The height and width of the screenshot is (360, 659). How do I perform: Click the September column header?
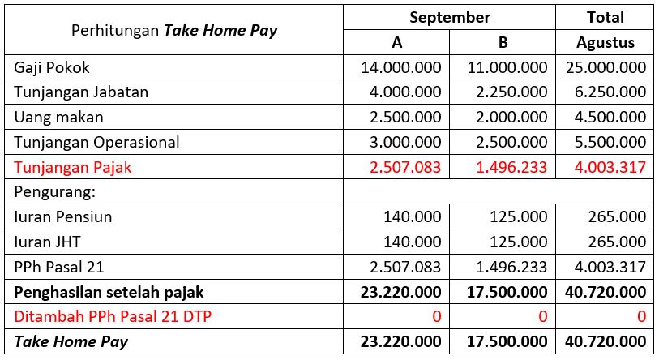(x=449, y=17)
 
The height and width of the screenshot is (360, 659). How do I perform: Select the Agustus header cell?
(x=605, y=42)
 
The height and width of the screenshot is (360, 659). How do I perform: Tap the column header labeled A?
(x=396, y=42)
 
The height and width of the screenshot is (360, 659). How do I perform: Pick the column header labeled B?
(x=503, y=42)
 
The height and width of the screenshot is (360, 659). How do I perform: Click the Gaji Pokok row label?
(x=52, y=67)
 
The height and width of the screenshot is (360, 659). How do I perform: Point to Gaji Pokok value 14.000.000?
(x=400, y=67)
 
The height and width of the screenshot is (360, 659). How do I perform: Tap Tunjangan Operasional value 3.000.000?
(x=404, y=142)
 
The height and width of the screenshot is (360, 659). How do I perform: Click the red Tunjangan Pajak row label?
(x=73, y=167)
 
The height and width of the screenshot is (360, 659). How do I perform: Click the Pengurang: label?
(x=50, y=192)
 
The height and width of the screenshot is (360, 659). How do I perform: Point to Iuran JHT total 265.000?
(x=618, y=242)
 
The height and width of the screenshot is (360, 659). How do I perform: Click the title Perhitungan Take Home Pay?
(x=174, y=31)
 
